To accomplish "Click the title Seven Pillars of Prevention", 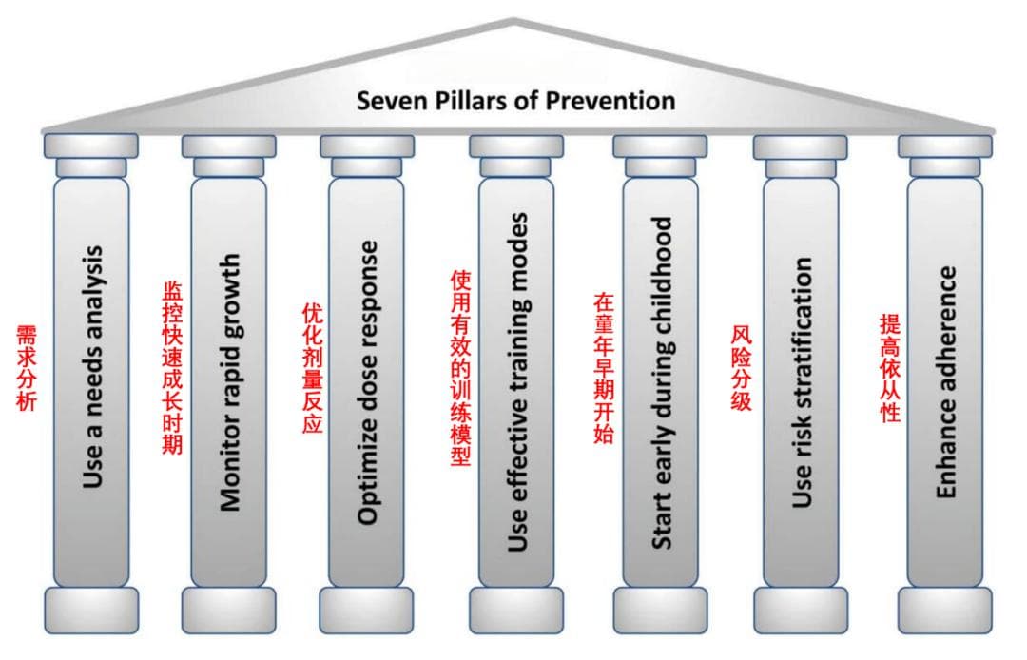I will (x=516, y=100).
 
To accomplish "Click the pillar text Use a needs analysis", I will (x=92, y=367).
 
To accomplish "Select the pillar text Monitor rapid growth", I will (x=229, y=381).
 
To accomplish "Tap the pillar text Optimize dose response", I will (x=368, y=381).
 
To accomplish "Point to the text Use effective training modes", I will (x=517, y=381).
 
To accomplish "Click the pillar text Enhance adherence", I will (x=945, y=381).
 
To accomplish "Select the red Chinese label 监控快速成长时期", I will (x=172, y=367).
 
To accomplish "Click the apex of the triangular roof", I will (x=514, y=20).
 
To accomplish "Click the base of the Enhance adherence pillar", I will (x=945, y=610).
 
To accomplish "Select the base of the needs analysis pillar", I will (x=91, y=610).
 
